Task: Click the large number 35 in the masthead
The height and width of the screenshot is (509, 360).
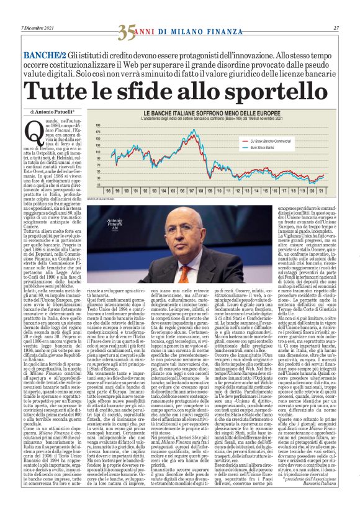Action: click(x=127, y=29)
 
